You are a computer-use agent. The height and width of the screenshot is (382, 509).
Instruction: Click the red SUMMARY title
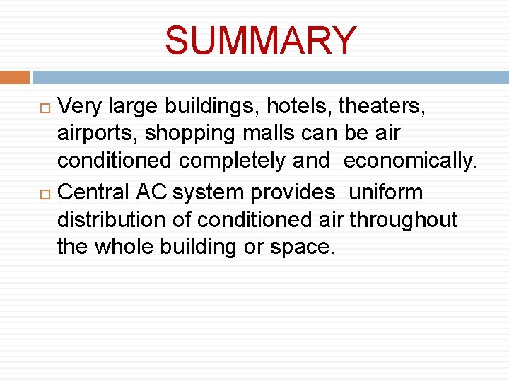[x=261, y=40]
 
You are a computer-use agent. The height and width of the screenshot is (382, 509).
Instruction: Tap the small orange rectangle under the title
[x=15, y=77]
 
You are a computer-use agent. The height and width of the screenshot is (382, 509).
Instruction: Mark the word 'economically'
[x=410, y=161]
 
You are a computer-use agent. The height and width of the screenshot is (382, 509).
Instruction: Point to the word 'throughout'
[x=404, y=220]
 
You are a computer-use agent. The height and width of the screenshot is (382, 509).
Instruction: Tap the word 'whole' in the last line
[x=131, y=248]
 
